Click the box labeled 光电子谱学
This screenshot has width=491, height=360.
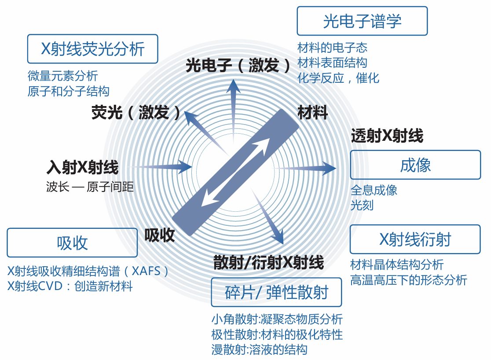362,21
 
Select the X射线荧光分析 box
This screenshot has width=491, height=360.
92,49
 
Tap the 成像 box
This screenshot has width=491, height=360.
415,165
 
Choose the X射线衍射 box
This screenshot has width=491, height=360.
415,239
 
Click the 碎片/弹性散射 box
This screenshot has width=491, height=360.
276,292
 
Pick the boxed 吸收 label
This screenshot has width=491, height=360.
72,242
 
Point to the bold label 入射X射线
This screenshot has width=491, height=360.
82,168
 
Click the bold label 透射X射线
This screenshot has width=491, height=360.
387,136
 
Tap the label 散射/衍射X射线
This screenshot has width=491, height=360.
268,262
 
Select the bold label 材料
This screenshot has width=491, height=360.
312,113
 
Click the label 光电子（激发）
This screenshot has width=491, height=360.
238,66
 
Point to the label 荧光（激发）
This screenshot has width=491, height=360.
136,113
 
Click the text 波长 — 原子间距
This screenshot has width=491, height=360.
90,187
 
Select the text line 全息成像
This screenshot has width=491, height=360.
374,190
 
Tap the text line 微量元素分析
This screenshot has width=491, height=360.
62,76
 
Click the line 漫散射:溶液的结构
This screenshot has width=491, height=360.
259,350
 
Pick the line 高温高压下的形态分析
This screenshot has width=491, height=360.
409,280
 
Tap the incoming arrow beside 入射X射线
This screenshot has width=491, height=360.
169,167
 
